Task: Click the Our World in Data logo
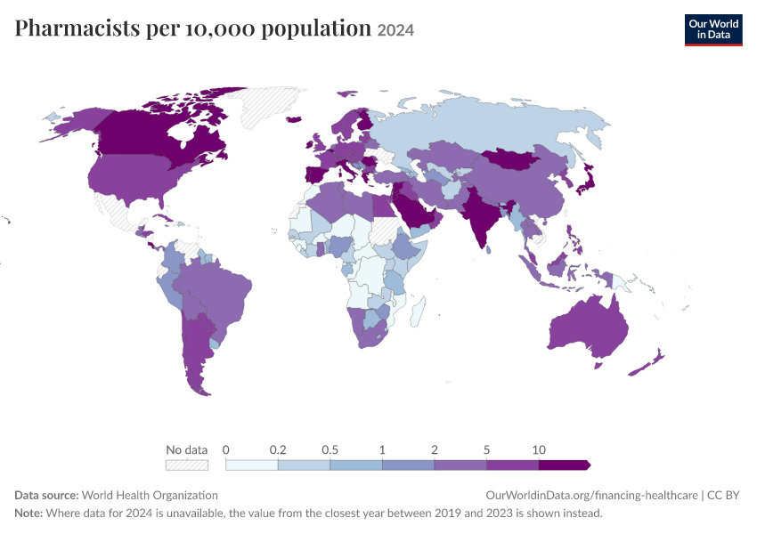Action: [713, 30]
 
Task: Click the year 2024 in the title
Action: [395, 30]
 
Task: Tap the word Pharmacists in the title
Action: [77, 28]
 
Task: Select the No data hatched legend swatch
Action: [187, 465]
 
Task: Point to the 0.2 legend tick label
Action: [278, 450]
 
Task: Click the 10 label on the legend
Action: [539, 450]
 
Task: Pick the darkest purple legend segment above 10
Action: [565, 465]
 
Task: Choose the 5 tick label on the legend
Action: [486, 450]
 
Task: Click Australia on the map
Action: [588, 328]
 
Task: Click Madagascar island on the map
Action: [418, 311]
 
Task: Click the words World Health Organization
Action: [150, 496]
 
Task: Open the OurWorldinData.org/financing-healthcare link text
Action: [592, 496]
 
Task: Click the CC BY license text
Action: [723, 496]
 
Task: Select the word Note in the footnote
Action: [28, 513]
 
